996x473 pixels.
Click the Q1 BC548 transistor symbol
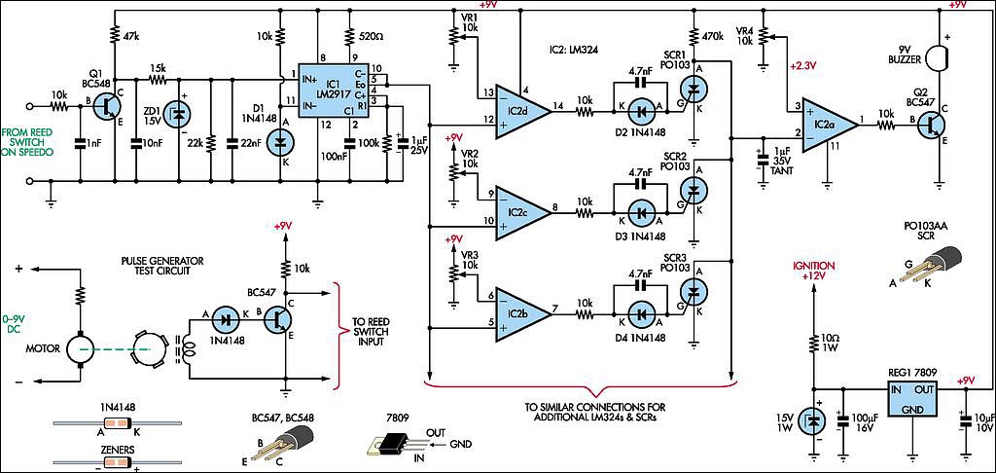[x=106, y=108]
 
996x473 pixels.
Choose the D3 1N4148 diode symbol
[x=639, y=213]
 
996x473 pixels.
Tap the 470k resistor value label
[x=712, y=37]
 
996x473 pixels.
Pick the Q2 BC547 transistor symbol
[x=933, y=126]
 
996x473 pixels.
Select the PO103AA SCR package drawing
[x=934, y=265]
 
